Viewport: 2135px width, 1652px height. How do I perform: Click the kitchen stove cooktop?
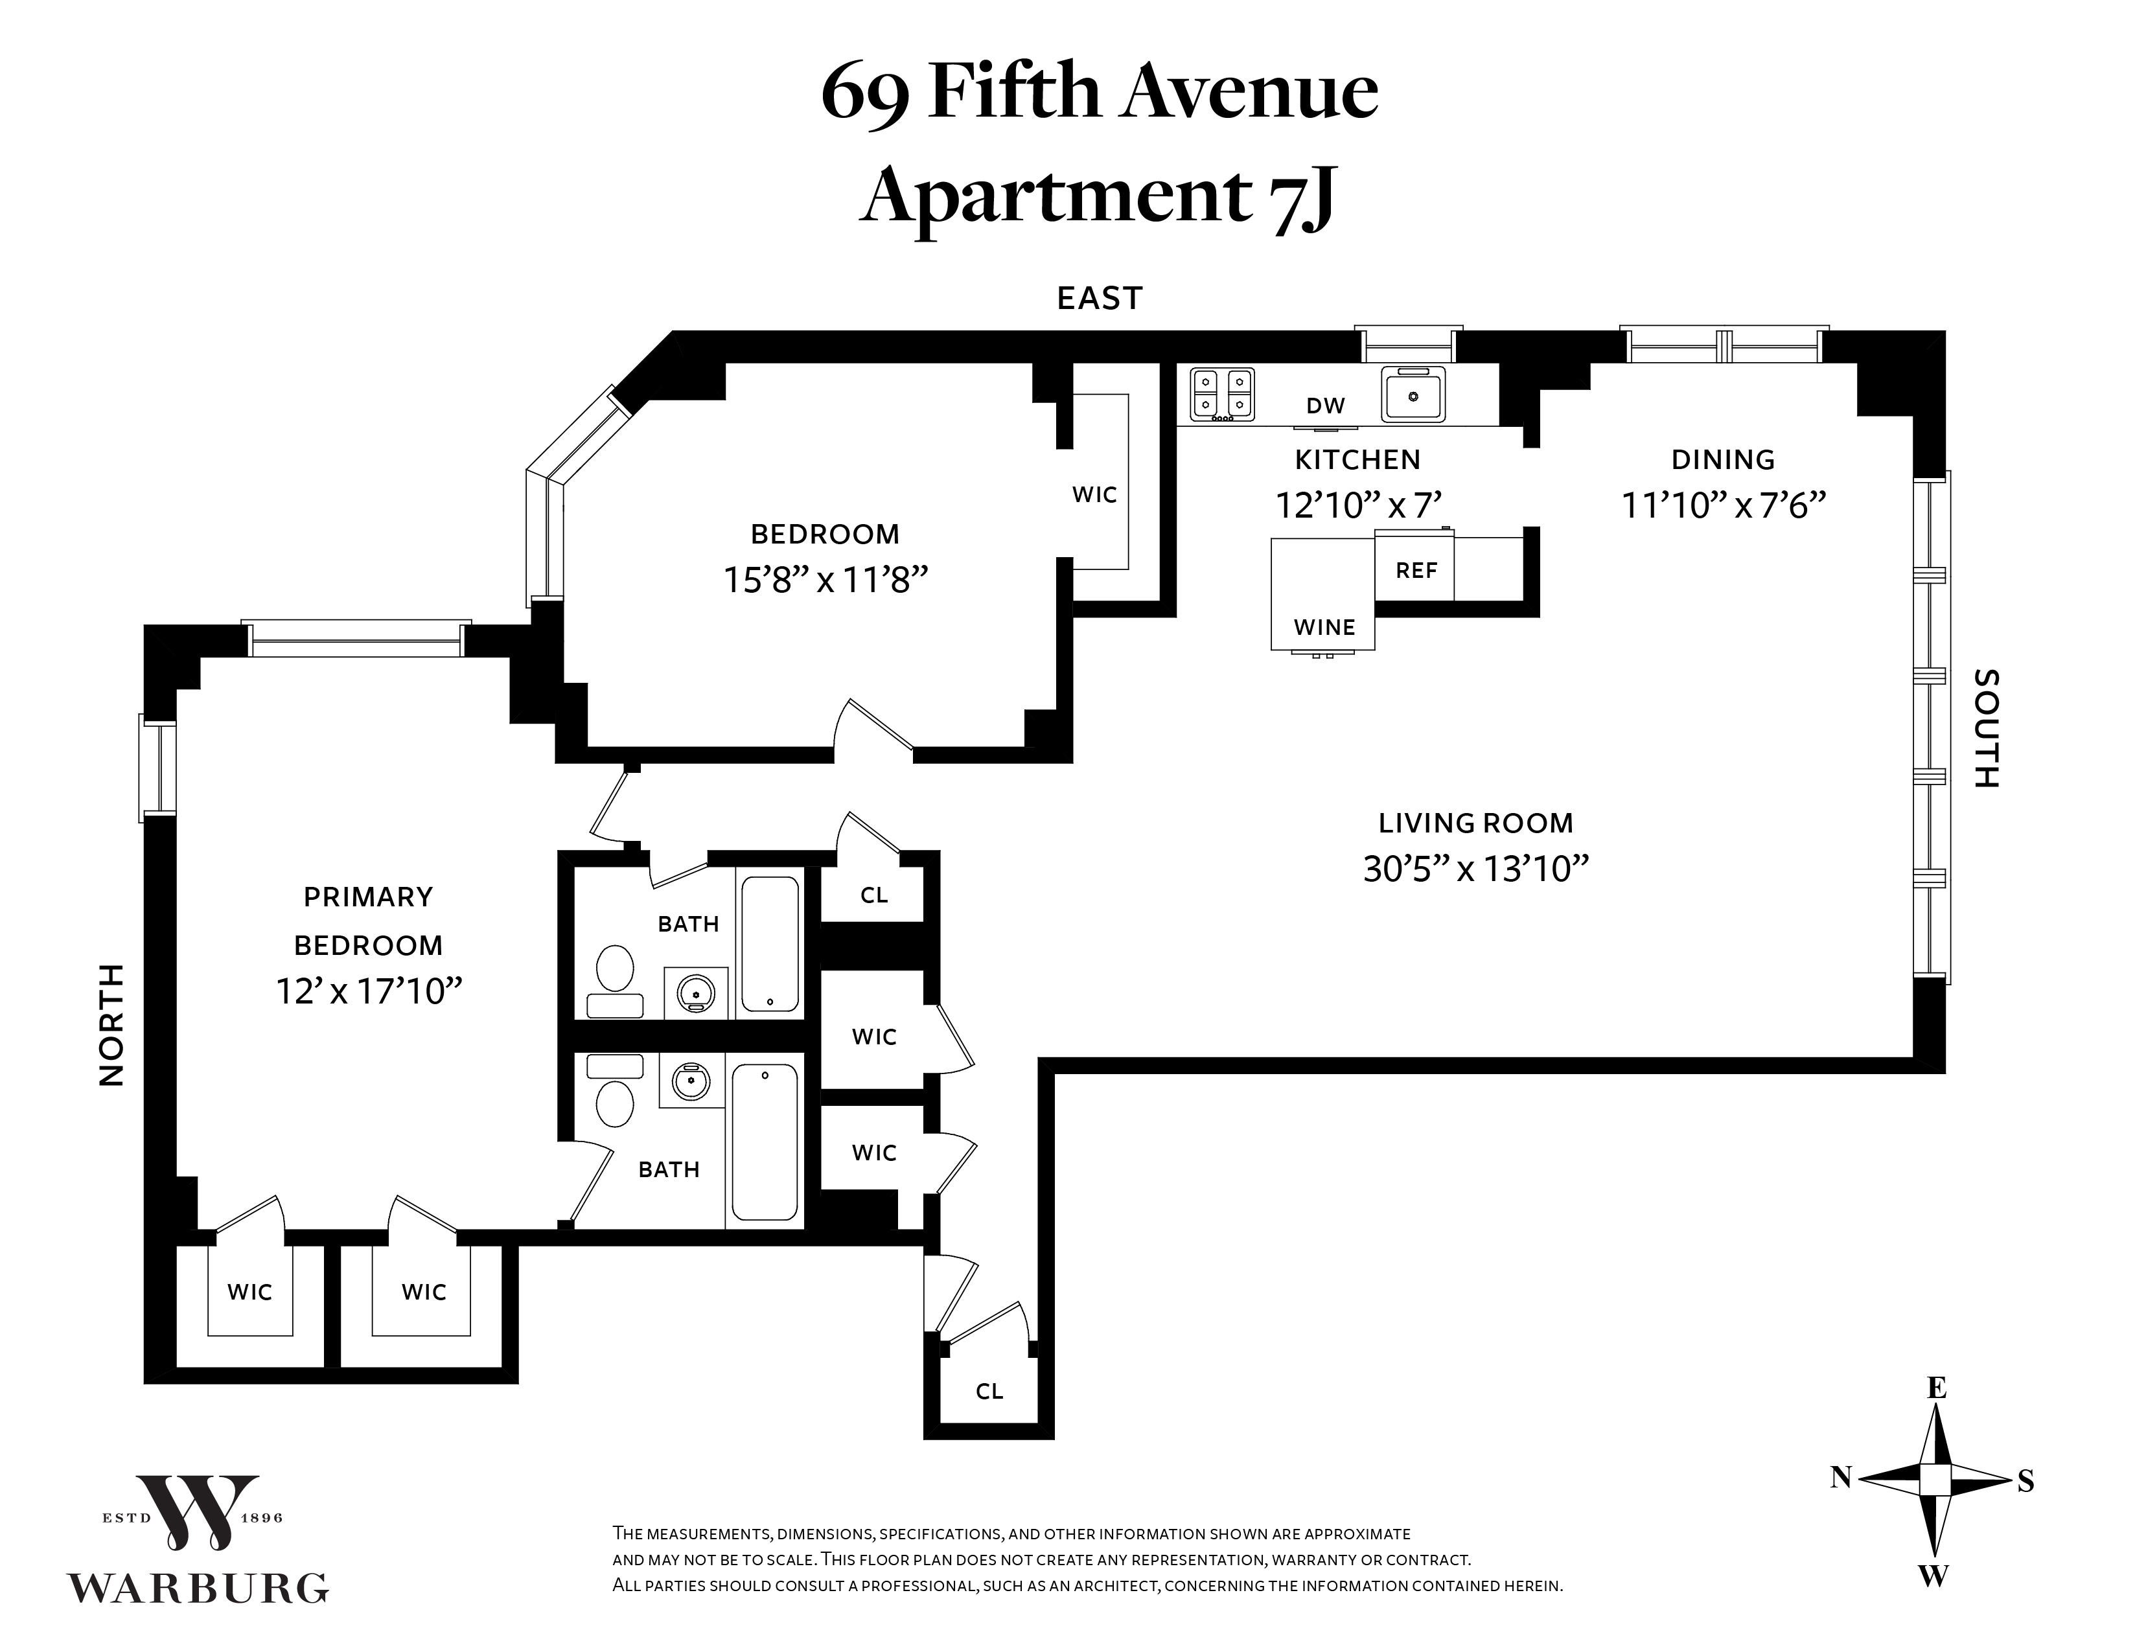(1222, 393)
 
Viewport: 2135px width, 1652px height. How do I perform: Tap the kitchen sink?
(1413, 393)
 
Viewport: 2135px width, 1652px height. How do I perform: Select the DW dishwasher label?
(1326, 406)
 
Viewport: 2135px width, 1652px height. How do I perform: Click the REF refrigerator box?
(1414, 566)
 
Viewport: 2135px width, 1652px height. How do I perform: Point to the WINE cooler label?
(1324, 628)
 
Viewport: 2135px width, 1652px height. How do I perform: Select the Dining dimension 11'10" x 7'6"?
(1724, 505)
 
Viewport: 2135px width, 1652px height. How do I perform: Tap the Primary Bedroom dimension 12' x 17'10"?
(369, 991)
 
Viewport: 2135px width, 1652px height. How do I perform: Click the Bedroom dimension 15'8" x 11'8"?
(825, 580)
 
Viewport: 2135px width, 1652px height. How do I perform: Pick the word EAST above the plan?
(1100, 298)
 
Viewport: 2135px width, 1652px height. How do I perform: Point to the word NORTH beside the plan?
(113, 1024)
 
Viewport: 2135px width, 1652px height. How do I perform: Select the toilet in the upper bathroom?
(615, 980)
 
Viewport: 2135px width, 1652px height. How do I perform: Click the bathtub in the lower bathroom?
(765, 1141)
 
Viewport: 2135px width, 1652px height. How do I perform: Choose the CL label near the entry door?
(989, 1391)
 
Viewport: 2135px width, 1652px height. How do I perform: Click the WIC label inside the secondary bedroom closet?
(1094, 494)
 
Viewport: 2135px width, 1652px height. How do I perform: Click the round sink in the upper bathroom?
(696, 993)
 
